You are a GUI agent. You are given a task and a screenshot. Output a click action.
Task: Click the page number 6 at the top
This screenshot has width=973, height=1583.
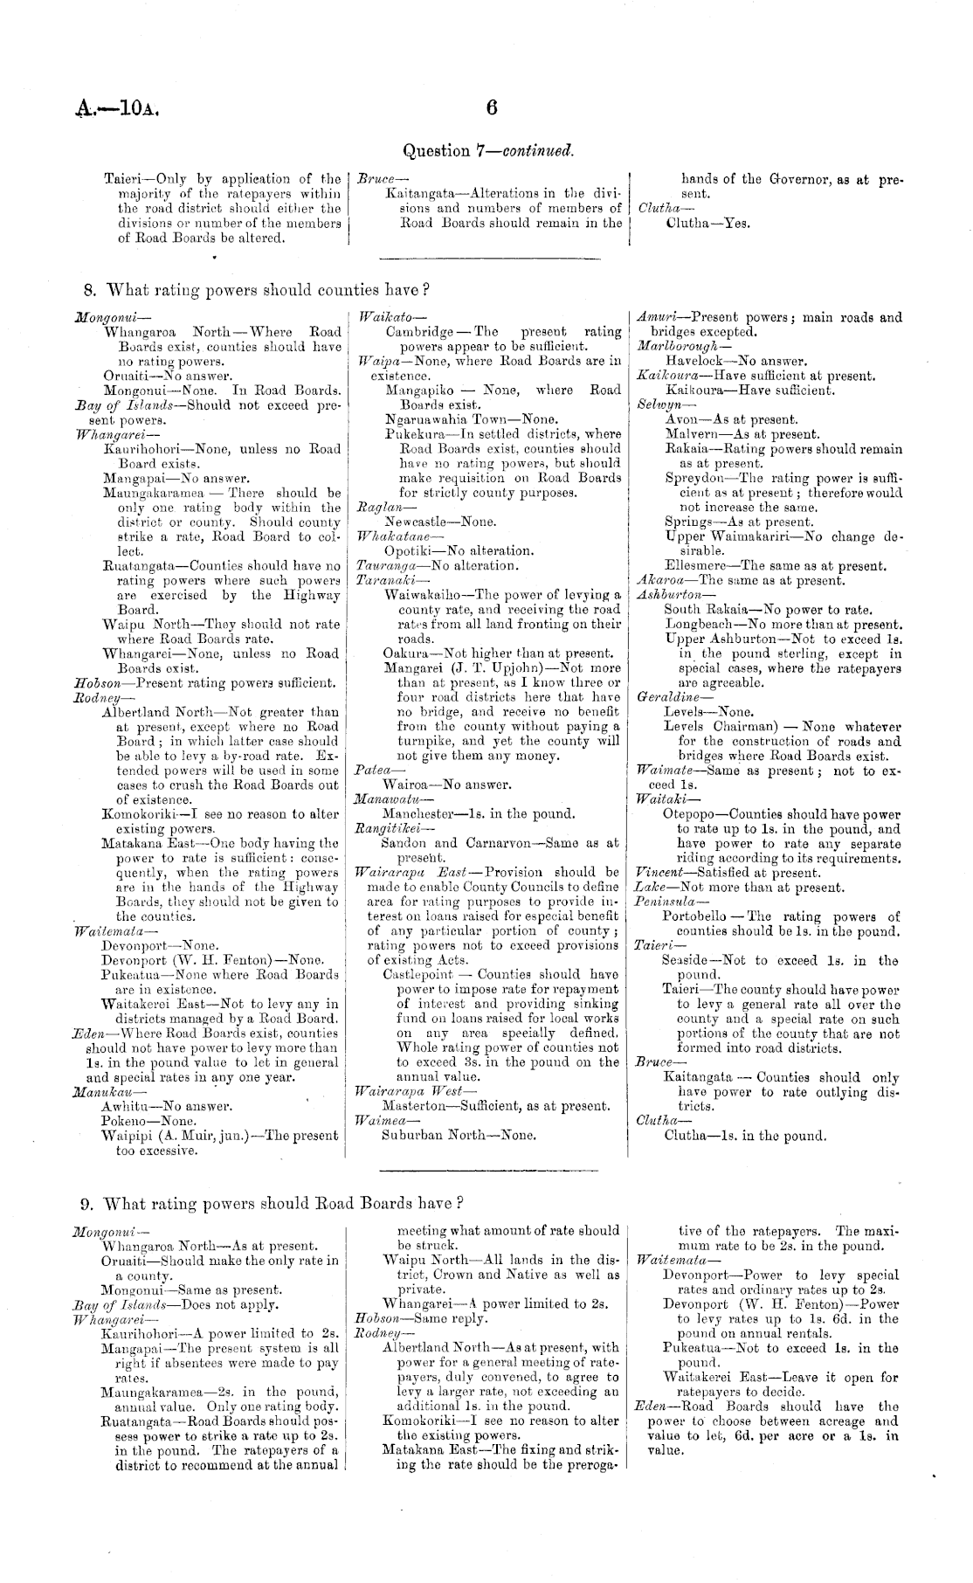(491, 107)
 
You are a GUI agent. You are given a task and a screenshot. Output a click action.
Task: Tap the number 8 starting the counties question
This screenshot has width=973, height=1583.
(88, 289)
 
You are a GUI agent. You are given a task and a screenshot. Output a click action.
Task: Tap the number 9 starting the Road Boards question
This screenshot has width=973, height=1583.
(86, 1204)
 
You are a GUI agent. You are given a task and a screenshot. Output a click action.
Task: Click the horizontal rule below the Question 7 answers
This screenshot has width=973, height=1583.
(490, 258)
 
